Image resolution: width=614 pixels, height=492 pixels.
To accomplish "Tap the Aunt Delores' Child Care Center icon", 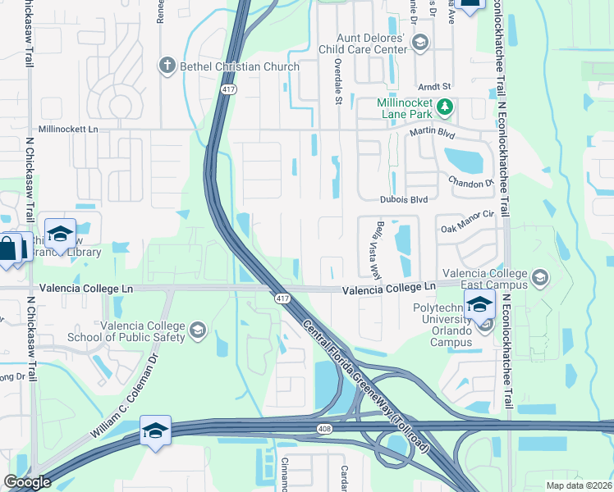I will click(420, 43).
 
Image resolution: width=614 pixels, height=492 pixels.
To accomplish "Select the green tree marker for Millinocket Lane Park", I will click(445, 106).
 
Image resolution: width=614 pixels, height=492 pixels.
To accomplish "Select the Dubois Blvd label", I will click(404, 199).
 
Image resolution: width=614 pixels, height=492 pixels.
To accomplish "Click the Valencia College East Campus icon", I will click(540, 278).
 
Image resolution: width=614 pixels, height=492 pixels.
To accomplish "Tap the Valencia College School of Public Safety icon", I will click(196, 330).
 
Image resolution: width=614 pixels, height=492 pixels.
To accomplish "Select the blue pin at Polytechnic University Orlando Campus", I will click(479, 305).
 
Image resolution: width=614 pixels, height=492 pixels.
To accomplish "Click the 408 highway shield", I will click(324, 428).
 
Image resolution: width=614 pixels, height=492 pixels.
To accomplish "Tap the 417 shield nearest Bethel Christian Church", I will click(227, 89).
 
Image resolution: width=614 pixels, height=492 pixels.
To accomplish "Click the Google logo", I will click(27, 482).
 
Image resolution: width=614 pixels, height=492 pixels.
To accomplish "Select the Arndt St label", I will click(435, 86).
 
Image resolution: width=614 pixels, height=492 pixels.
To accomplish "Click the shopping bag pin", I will click(7, 248).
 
